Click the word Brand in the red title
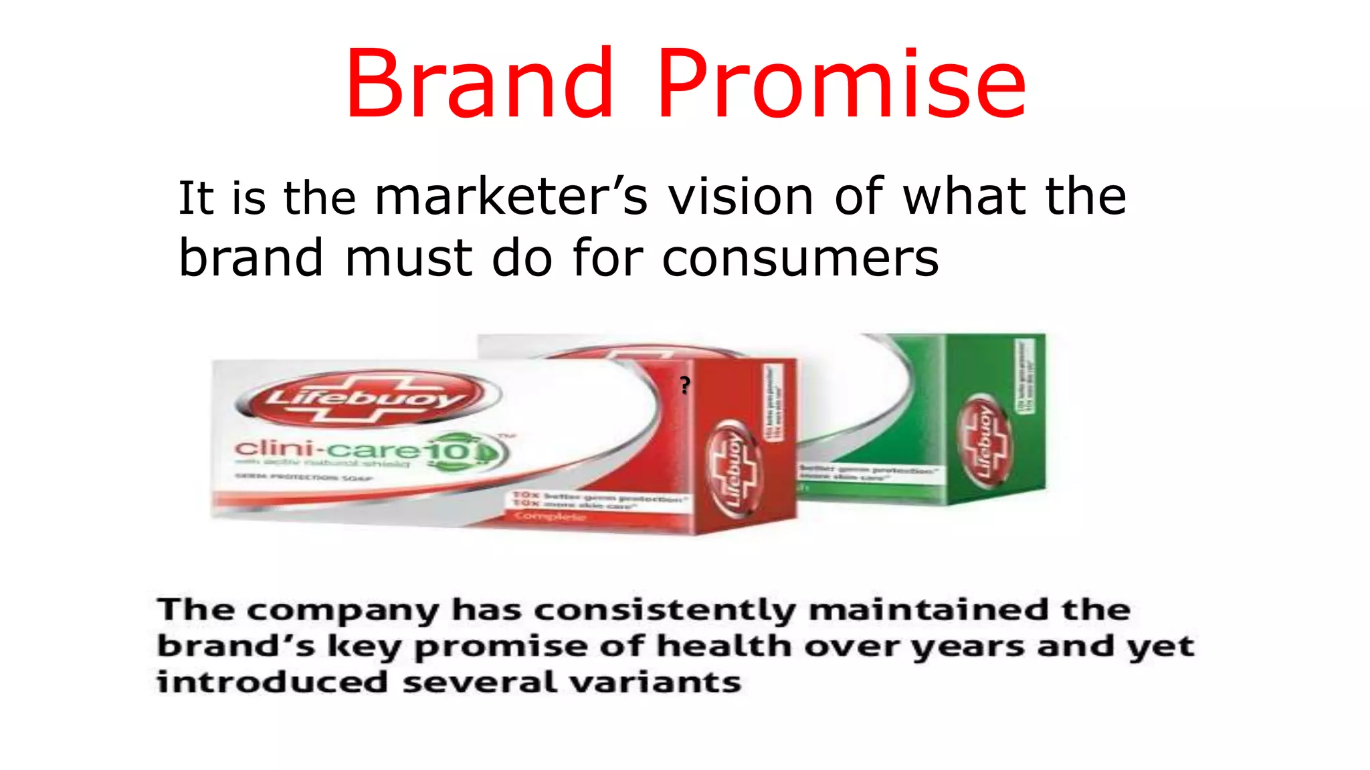[x=479, y=84]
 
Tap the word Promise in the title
[x=842, y=84]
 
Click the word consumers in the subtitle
[x=800, y=258]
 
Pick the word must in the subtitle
[x=408, y=258]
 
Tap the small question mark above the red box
[x=684, y=385]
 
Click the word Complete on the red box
[x=549, y=517]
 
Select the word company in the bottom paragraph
[x=344, y=610]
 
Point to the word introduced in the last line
[x=272, y=682]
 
